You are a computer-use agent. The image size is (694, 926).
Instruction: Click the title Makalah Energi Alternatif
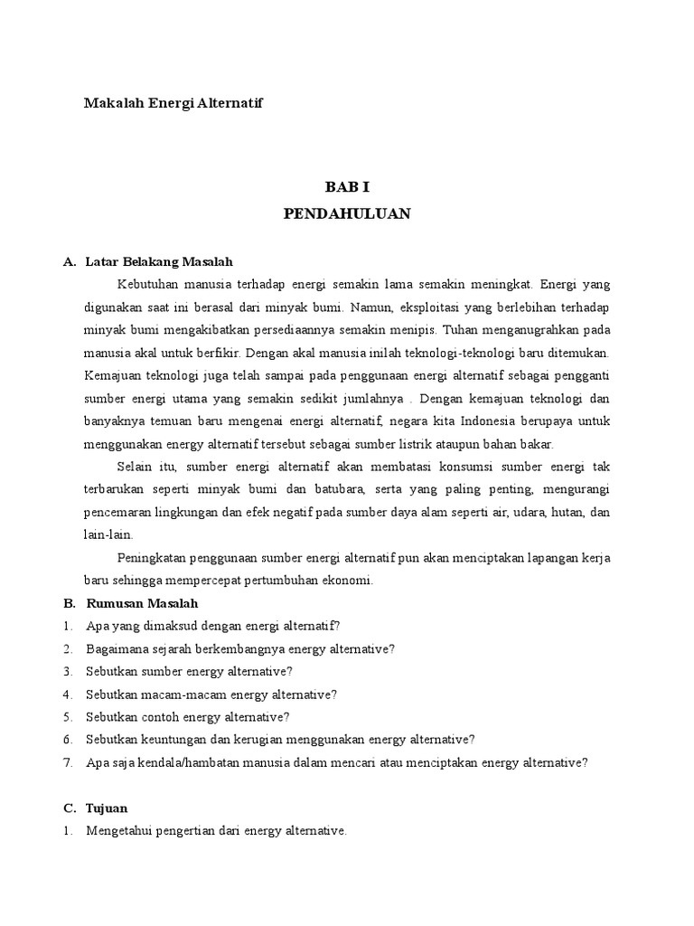click(x=173, y=103)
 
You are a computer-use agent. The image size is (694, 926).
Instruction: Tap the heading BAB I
click(x=348, y=187)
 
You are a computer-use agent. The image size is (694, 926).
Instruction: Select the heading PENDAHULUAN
click(x=348, y=213)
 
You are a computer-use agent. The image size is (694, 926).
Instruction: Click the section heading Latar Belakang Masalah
click(x=159, y=261)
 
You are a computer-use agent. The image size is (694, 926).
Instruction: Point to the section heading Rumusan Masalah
click(x=142, y=603)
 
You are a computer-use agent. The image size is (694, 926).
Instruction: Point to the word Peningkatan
click(x=153, y=558)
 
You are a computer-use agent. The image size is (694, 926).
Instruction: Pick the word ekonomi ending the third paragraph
click(x=347, y=581)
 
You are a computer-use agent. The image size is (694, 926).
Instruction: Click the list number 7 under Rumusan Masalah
click(x=68, y=762)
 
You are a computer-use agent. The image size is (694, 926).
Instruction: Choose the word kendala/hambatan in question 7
click(x=185, y=762)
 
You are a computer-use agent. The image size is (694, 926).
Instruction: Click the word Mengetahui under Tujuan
click(x=121, y=830)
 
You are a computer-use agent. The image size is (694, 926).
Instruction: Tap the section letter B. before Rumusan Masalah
click(x=69, y=603)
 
